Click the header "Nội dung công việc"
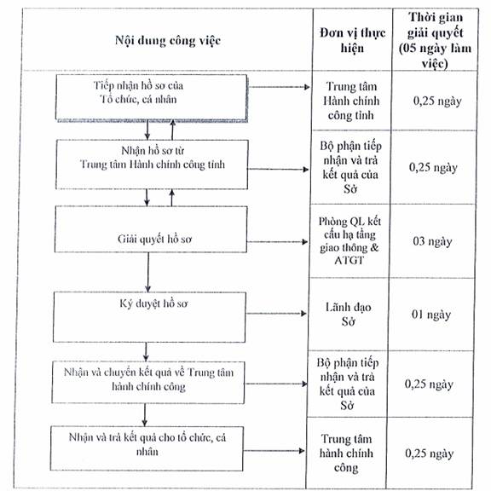(168, 41)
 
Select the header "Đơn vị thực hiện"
(352, 40)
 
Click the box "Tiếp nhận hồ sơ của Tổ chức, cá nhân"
(152, 97)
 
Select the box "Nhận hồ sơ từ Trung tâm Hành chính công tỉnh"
(152, 165)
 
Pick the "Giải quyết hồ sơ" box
(151, 229)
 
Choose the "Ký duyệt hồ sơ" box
(149, 317)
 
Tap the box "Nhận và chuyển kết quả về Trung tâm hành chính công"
(148, 383)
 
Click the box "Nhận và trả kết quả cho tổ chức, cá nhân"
(147, 448)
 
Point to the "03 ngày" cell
(432, 241)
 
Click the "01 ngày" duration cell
(431, 315)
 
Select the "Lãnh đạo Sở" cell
(348, 314)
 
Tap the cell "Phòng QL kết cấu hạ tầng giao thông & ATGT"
(349, 240)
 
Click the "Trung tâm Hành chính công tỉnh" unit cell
(351, 101)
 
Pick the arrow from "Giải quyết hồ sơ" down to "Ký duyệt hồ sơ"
(148, 272)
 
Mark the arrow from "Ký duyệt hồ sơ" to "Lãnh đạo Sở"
(276, 314)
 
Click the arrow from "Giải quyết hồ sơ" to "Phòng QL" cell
(277, 242)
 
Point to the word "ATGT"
(349, 260)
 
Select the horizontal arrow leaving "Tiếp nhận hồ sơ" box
(279, 87)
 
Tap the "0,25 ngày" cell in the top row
(437, 101)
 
